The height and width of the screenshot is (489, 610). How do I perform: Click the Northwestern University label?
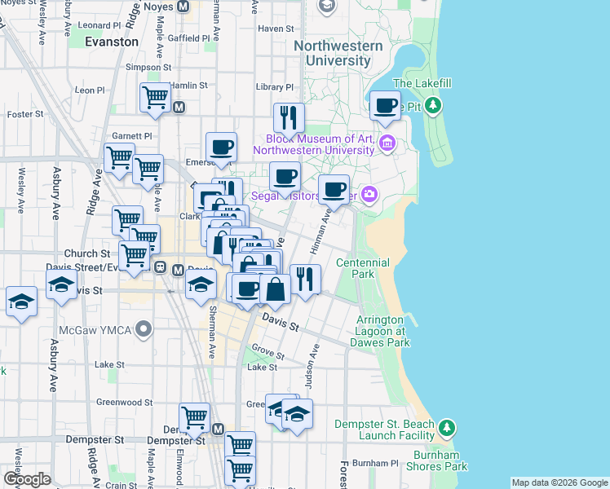coord(338,53)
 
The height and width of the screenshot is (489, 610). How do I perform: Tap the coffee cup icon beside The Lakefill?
coord(385,104)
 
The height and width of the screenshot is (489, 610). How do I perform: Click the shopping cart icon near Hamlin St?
coord(154,97)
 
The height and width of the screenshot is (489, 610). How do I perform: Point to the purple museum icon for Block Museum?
coord(387,144)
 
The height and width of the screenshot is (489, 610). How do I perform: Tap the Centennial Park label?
coord(363,269)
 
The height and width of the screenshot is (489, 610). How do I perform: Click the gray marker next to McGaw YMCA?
coord(144,330)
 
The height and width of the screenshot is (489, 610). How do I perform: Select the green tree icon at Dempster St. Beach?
coord(446,428)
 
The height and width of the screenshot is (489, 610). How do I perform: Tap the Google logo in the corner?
coord(27,479)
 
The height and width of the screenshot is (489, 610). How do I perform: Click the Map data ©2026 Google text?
coord(559,482)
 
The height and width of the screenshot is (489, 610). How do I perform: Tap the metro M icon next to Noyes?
coord(183,6)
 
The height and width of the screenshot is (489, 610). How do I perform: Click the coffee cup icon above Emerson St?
coord(221,147)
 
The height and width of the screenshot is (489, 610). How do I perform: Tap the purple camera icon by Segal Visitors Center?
coord(370,194)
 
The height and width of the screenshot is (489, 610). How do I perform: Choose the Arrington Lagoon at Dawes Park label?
coord(379,332)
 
